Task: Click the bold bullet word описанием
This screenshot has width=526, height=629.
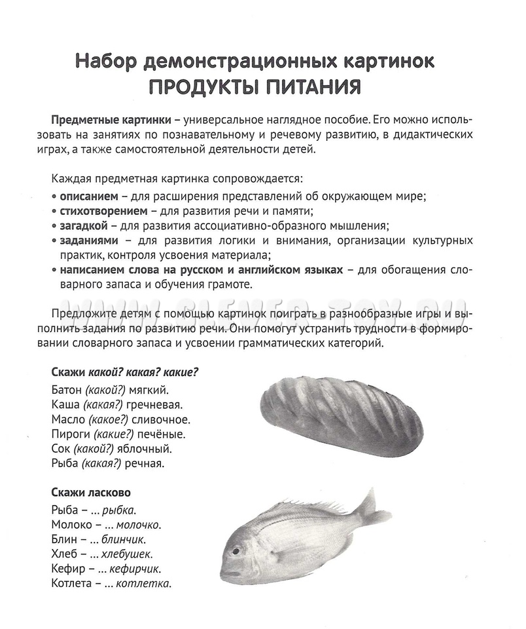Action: (89, 197)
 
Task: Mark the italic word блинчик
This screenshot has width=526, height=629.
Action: (123, 539)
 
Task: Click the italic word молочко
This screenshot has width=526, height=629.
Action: (139, 525)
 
